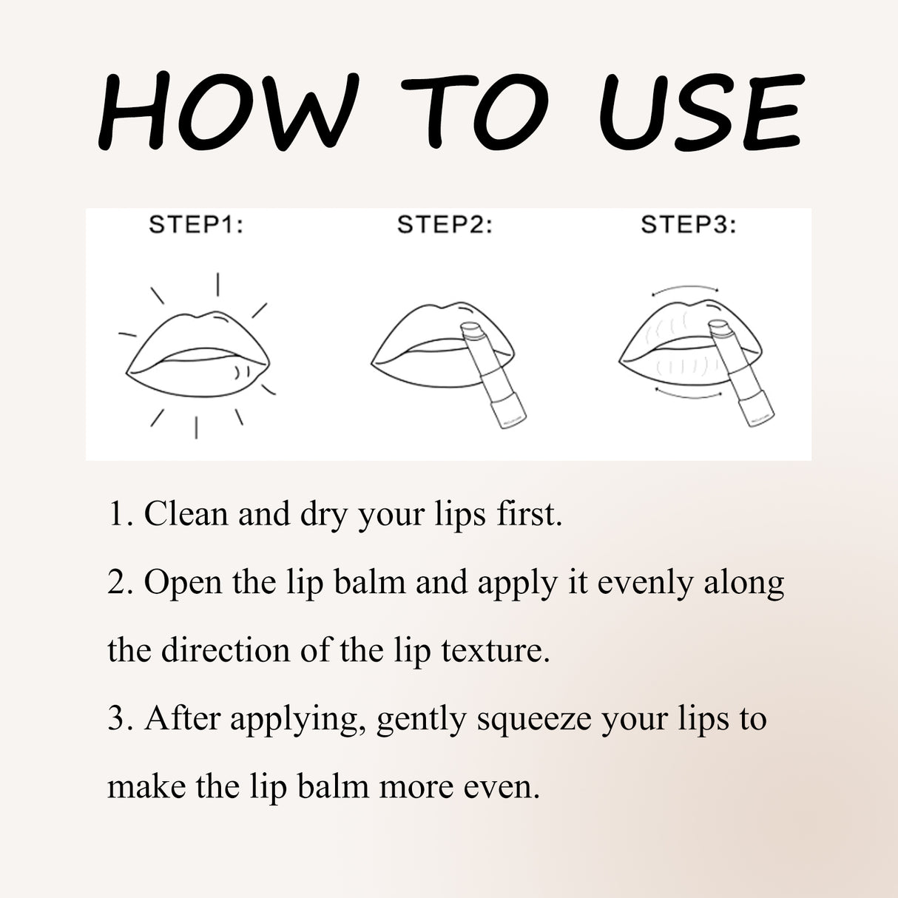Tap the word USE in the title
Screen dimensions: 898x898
[700, 113]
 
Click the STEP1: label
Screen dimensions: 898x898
[196, 224]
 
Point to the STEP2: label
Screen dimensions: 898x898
[445, 224]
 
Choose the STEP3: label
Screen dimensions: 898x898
[688, 224]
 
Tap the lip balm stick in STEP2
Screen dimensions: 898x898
[491, 374]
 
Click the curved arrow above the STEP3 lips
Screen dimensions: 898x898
[685, 288]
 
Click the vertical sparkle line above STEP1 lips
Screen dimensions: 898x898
[217, 284]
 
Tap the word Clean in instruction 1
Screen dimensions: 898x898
[186, 513]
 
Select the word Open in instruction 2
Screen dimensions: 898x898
[183, 582]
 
